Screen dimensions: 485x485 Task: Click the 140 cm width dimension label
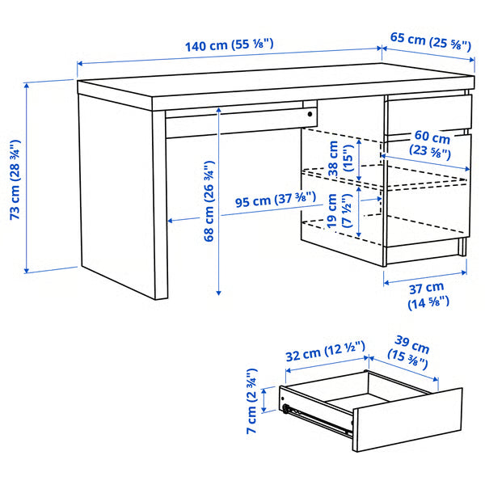click(x=230, y=46)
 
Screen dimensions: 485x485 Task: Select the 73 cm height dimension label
click(x=14, y=179)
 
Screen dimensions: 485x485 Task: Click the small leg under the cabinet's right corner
click(x=462, y=247)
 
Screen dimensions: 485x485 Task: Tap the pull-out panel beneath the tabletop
click(x=234, y=121)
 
